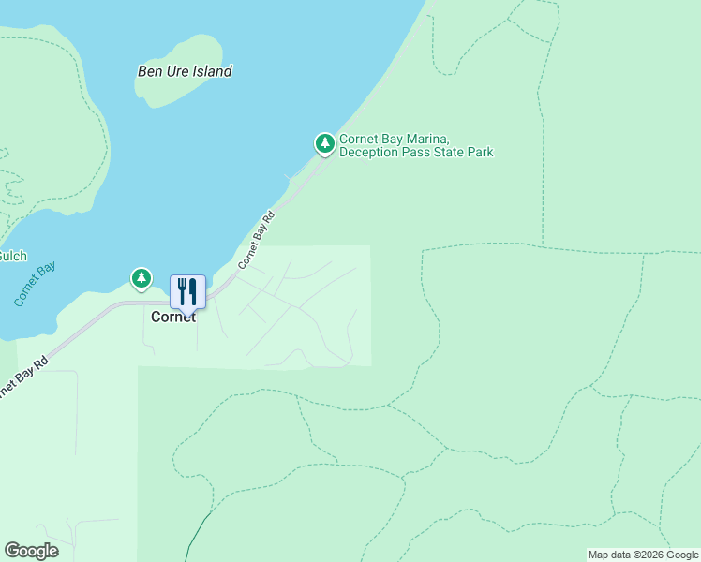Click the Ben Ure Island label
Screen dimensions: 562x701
pyautogui.click(x=185, y=71)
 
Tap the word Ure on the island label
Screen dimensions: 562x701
pyautogui.click(x=177, y=71)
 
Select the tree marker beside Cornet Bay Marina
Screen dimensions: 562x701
pyautogui.click(x=324, y=143)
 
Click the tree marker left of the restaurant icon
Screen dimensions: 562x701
pyautogui.click(x=141, y=278)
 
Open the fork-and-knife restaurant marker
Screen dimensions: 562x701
pyautogui.click(x=187, y=291)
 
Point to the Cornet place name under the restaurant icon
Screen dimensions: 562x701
pyautogui.click(x=173, y=318)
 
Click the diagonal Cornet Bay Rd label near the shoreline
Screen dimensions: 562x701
pyautogui.click(x=256, y=241)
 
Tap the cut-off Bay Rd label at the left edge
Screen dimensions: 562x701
pyautogui.click(x=23, y=375)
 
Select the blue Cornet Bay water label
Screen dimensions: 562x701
pyautogui.click(x=35, y=284)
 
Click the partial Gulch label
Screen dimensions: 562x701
pyautogui.click(x=12, y=256)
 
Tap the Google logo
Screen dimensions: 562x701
pyautogui.click(x=31, y=551)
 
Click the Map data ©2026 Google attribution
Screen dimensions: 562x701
pyautogui.click(x=643, y=555)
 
